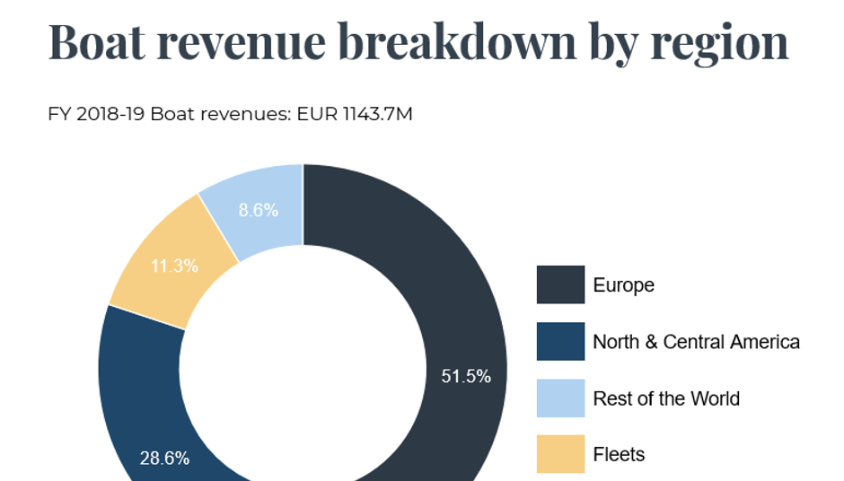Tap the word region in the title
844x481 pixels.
719,43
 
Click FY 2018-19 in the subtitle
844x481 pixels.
96,115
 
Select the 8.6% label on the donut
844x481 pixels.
258,211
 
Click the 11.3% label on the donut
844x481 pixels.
176,266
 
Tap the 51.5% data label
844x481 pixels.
466,376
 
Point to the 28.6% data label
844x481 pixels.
164,458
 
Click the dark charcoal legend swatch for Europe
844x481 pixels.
560,285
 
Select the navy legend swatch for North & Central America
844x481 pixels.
560,342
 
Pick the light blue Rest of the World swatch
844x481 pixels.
560,398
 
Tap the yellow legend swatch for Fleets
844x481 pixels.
560,454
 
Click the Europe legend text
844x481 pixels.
623,285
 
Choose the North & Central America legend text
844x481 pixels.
696,342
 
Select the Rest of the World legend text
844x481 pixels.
666,398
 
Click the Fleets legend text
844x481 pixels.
619,454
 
